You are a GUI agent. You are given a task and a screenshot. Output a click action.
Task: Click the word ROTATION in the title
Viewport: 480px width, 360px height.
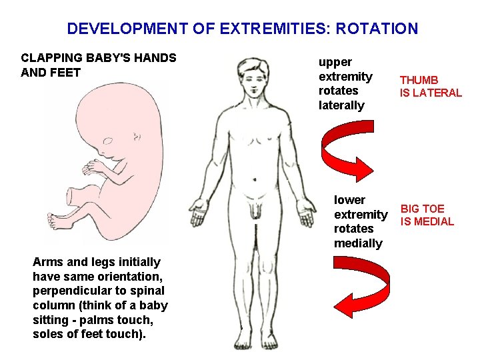point(377,29)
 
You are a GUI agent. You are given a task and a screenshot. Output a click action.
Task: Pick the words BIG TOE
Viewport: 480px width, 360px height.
point(423,209)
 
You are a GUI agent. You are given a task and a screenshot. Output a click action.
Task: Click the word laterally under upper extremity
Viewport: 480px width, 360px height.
point(341,105)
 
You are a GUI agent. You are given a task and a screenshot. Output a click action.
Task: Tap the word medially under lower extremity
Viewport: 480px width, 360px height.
point(358,243)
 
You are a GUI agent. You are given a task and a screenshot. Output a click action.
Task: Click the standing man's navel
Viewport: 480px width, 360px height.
point(253,179)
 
